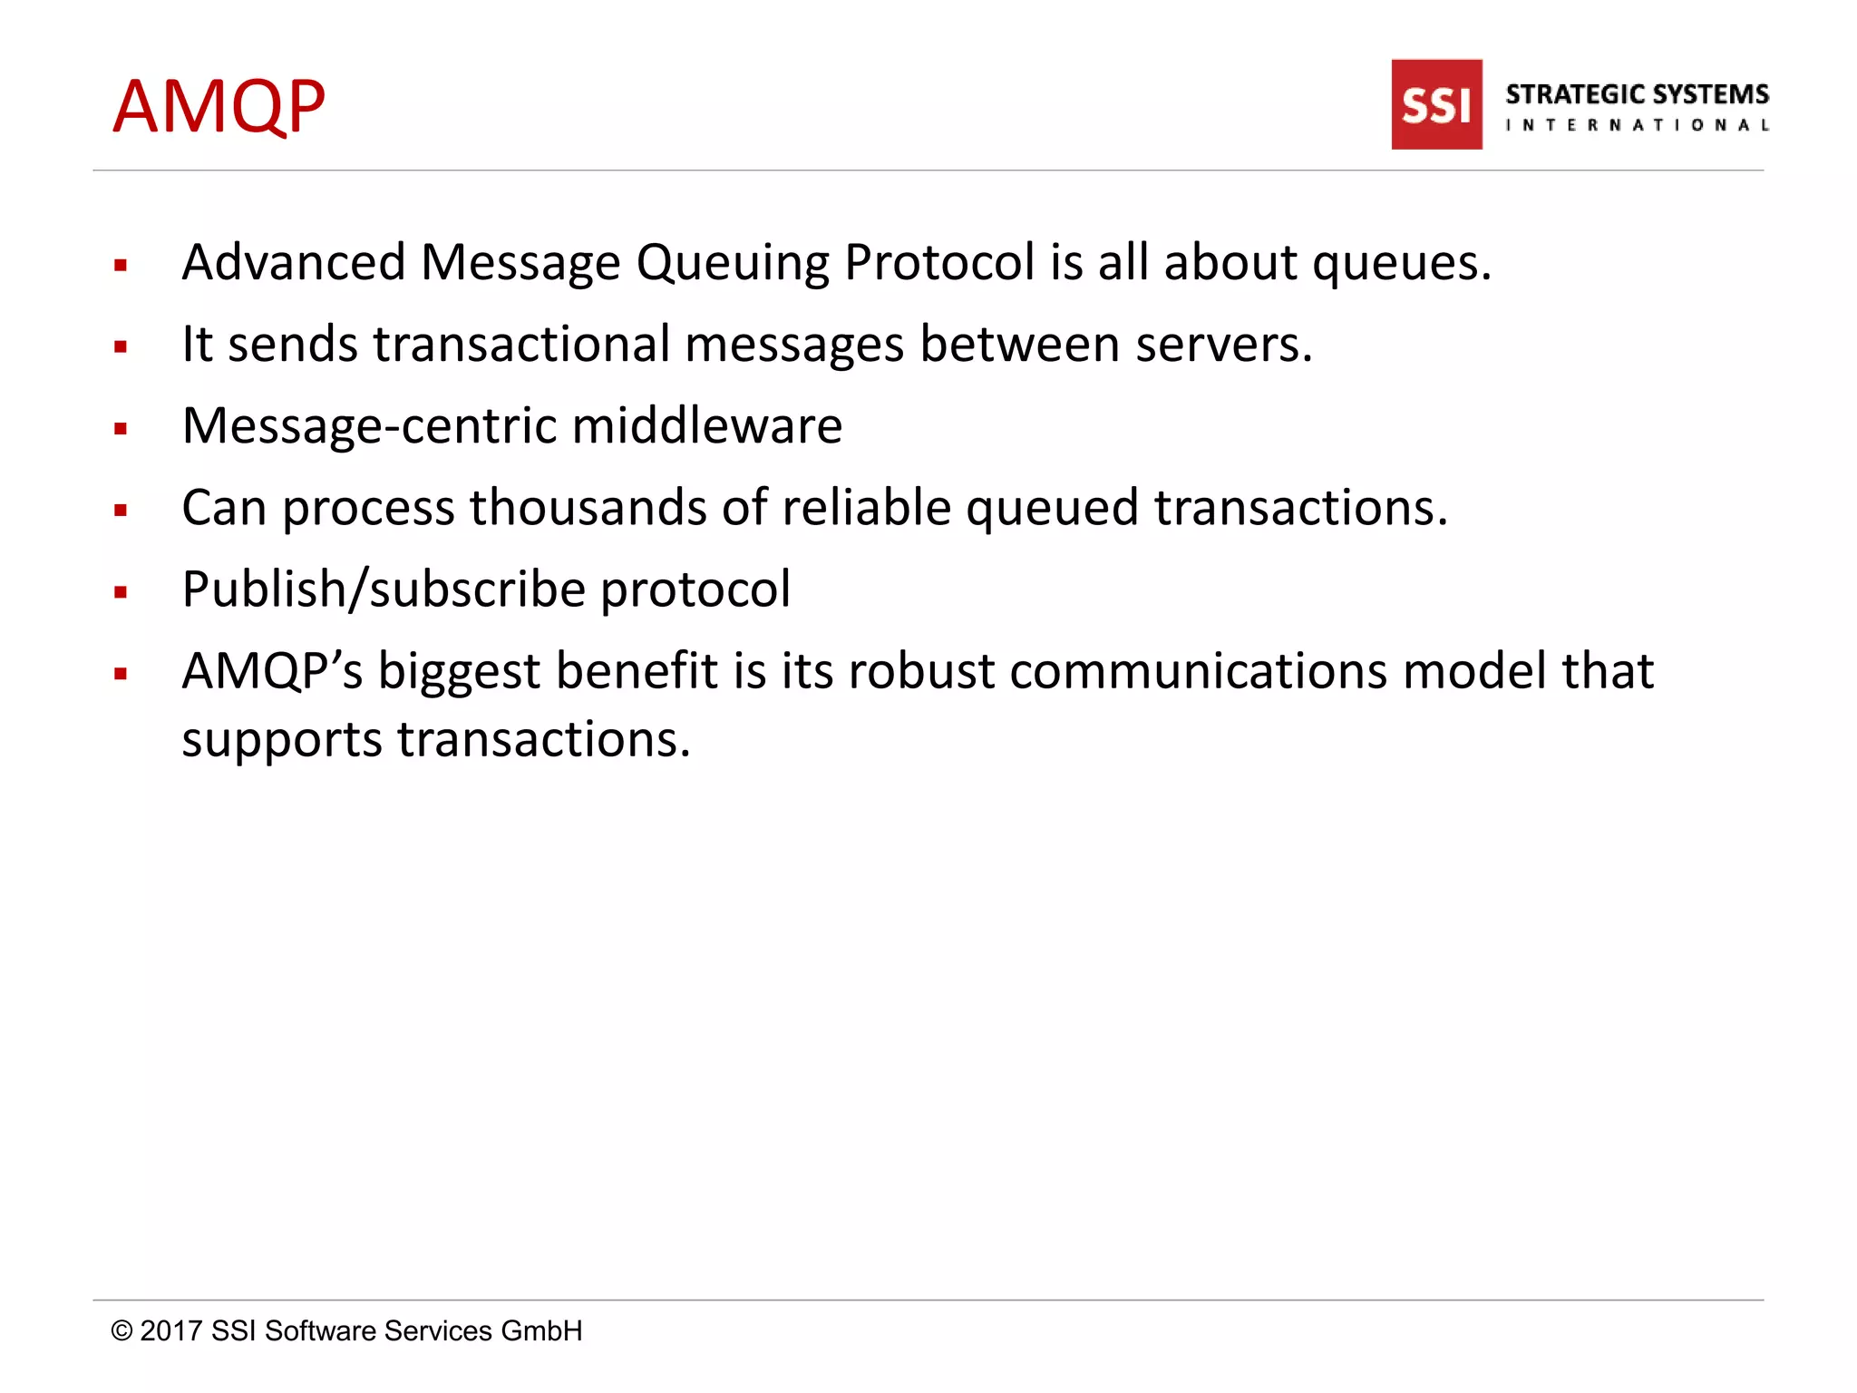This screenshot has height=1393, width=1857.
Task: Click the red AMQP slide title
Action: pyautogui.click(x=219, y=107)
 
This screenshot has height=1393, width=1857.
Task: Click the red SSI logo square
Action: pyautogui.click(x=1436, y=104)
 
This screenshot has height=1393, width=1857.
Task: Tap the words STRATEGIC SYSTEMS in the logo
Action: pyautogui.click(x=1637, y=94)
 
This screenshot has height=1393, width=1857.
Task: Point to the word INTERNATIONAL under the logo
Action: pyautogui.click(x=1637, y=125)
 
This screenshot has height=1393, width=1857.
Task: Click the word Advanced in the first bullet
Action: pyautogui.click(x=294, y=263)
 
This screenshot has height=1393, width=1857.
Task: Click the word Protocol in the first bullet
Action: pyautogui.click(x=939, y=263)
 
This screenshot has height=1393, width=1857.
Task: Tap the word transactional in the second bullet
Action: pyautogui.click(x=521, y=345)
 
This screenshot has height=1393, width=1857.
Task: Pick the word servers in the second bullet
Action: pyautogui.click(x=1223, y=345)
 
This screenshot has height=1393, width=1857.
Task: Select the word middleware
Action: pyautogui.click(x=707, y=426)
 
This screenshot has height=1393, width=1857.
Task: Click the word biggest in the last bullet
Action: pyautogui.click(x=459, y=673)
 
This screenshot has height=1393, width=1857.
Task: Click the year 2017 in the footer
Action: pyautogui.click(x=170, y=1330)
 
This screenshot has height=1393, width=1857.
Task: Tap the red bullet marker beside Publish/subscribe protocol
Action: pyautogui.click(x=121, y=593)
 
